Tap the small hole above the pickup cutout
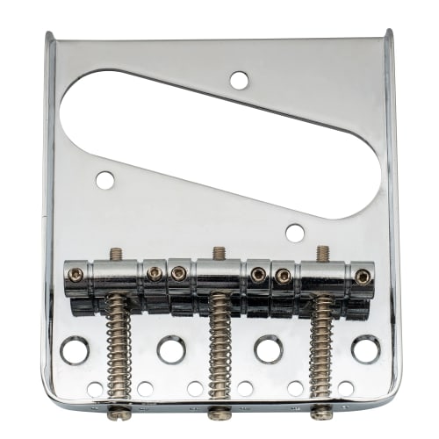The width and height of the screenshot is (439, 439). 239,80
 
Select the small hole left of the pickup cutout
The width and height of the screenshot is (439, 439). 104,180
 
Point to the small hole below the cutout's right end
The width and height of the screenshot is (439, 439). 295,233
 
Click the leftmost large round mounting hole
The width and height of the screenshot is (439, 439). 74,350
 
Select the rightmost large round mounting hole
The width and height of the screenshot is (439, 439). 365,349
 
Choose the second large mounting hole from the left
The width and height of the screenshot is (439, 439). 171,349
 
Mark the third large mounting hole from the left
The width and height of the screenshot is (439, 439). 269,349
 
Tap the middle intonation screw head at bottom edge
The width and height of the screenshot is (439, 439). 219,413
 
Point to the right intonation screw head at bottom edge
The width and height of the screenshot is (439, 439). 321,412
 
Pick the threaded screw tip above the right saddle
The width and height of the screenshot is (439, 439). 322,254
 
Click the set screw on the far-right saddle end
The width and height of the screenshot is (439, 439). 362,277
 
